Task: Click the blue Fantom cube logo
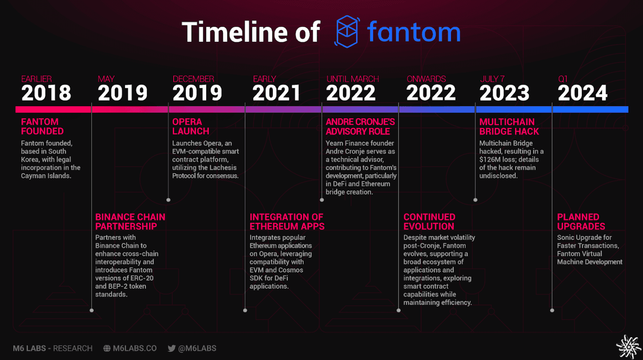tap(347, 31)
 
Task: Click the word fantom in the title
tap(414, 32)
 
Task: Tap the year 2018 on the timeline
tap(46, 93)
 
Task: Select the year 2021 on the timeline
tap(276, 93)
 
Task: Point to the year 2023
tap(504, 93)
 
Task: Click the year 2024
tap(583, 93)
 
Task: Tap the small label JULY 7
tap(492, 79)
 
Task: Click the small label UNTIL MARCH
tap(352, 79)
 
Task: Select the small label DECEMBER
tap(193, 79)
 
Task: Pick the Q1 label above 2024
tap(563, 79)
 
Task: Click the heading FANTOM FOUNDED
tap(42, 126)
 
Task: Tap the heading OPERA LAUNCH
tap(191, 126)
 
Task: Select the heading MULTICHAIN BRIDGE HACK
tap(509, 126)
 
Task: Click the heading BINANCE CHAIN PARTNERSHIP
tap(130, 222)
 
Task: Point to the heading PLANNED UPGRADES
tap(581, 222)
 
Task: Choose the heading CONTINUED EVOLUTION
tap(429, 222)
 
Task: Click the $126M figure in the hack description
tap(490, 160)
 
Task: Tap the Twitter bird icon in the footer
tap(172, 348)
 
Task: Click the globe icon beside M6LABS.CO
tap(107, 348)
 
